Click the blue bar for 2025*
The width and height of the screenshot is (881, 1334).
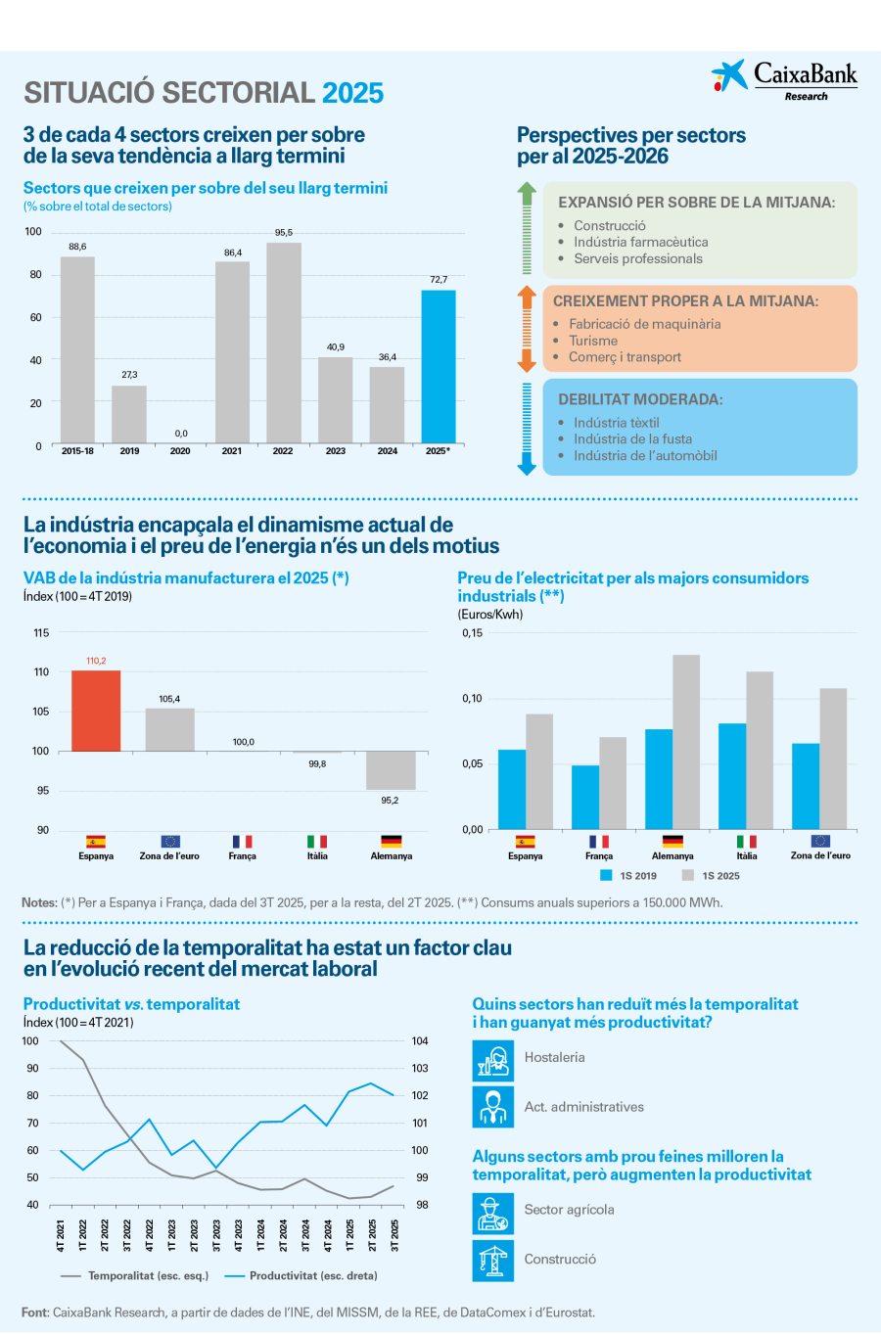(x=438, y=366)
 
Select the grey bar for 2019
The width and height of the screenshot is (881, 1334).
(x=129, y=414)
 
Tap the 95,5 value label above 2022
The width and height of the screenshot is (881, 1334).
(x=283, y=233)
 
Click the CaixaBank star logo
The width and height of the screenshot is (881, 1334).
(x=728, y=75)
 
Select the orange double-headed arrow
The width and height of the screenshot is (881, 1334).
(x=527, y=329)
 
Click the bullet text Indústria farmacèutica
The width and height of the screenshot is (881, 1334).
(x=640, y=242)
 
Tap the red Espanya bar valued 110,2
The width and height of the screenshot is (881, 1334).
(x=96, y=711)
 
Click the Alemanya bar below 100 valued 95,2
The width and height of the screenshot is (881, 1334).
(x=391, y=770)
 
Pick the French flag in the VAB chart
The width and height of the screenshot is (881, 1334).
(x=242, y=841)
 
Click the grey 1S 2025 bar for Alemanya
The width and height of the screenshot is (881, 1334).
(x=685, y=742)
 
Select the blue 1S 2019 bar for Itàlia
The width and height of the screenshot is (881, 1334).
(x=732, y=776)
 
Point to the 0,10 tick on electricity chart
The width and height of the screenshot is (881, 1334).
(x=472, y=698)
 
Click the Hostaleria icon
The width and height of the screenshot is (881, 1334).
(x=493, y=1060)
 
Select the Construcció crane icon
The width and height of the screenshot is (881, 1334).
(x=493, y=1261)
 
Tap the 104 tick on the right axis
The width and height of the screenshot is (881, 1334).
(x=420, y=1040)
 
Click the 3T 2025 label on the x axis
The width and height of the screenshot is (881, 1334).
(x=394, y=1235)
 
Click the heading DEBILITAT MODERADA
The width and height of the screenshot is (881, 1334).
(x=640, y=399)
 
